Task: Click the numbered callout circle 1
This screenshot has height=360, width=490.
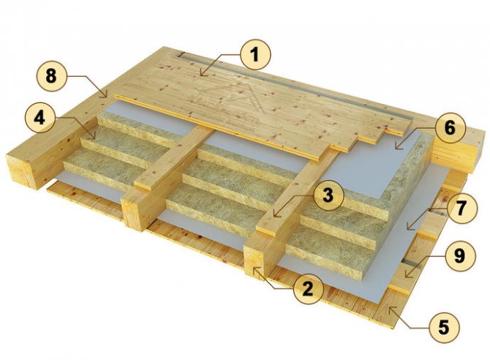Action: [256, 55]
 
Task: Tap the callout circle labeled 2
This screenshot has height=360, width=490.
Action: [307, 288]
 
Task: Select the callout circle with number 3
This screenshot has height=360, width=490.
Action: [328, 195]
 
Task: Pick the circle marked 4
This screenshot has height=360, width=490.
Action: [39, 119]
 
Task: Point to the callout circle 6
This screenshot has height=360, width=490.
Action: [450, 128]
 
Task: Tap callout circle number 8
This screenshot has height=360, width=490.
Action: [51, 76]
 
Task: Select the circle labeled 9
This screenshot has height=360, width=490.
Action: [459, 255]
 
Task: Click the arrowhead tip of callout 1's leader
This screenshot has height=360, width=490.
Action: [200, 75]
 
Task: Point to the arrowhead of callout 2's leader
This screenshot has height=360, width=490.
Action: [254, 268]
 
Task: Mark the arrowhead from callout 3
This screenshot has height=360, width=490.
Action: [274, 216]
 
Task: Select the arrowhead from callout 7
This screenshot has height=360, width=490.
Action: [407, 229]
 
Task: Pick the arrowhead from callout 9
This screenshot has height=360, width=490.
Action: [405, 277]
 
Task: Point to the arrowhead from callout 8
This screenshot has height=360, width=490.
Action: [108, 97]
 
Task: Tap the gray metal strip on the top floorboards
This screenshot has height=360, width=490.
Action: [297, 83]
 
